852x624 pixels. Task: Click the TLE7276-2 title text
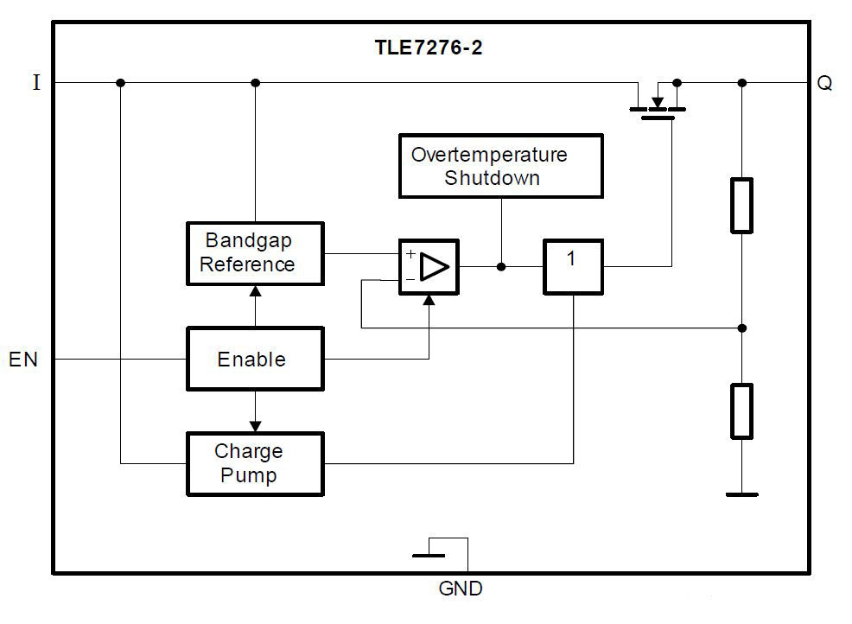428,48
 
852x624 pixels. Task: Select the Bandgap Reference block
255,253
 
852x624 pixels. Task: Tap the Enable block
255,359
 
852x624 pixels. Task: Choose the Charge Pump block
255,464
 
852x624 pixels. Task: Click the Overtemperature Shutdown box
500,166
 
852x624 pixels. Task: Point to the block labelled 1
572,267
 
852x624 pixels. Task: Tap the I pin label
35,84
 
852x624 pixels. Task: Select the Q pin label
824,84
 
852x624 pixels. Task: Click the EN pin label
23,360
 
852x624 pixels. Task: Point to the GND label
461,590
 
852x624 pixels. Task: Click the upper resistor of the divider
741,206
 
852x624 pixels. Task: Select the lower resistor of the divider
741,411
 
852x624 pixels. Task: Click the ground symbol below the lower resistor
741,494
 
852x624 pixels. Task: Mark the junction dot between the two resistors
741,328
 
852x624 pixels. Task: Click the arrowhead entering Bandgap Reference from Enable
255,291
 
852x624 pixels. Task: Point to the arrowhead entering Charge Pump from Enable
255,425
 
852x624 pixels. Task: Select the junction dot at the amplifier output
501,267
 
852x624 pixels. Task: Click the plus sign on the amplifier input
410,255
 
